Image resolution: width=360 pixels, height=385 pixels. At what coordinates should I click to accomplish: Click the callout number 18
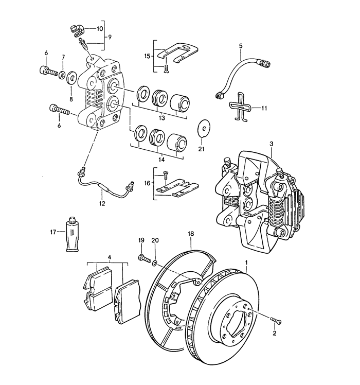(x=190, y=234)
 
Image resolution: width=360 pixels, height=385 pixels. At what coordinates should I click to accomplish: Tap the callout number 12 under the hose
(x=101, y=204)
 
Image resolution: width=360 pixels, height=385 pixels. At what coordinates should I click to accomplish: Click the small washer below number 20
(x=155, y=262)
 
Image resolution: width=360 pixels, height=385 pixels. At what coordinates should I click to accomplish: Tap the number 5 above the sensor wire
(x=241, y=46)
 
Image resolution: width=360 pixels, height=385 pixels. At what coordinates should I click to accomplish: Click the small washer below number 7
(x=62, y=76)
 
